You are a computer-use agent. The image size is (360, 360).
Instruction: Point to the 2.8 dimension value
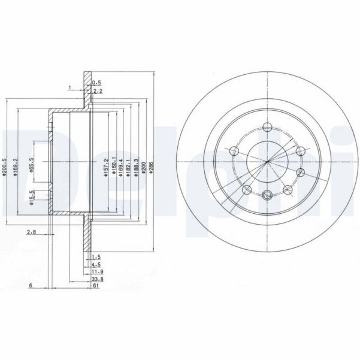click(31, 231)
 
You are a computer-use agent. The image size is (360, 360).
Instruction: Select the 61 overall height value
click(95, 286)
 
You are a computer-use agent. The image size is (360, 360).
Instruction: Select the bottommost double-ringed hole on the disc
click(267, 193)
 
